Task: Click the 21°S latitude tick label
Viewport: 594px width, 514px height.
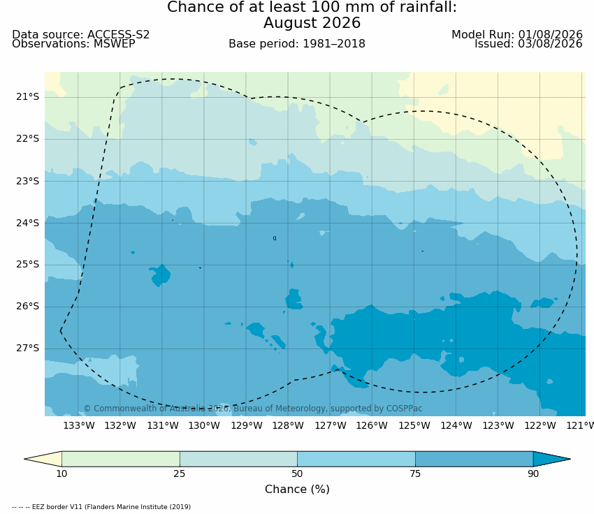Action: point(27,97)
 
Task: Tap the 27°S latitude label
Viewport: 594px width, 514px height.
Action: point(27,348)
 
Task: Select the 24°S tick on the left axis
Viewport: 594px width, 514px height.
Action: point(27,223)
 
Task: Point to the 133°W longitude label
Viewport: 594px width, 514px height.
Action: point(79,426)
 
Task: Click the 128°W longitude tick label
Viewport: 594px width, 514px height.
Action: point(289,426)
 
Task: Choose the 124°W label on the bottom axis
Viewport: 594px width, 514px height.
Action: point(456,426)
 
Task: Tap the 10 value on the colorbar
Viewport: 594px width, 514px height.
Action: point(61,474)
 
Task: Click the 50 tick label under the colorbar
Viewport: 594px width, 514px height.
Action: point(298,474)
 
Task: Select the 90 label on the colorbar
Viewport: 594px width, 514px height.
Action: point(533,474)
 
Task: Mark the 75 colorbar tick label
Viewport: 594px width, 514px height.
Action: point(415,474)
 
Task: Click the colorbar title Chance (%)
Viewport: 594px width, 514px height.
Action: point(298,490)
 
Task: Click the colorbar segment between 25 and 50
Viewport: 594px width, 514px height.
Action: point(238,459)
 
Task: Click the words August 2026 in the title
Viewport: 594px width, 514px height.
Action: point(312,23)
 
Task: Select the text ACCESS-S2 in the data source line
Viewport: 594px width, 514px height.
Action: point(119,34)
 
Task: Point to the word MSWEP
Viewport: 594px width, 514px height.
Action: point(114,44)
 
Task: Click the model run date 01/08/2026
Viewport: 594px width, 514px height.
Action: point(550,34)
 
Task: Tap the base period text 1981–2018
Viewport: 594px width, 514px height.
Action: point(334,44)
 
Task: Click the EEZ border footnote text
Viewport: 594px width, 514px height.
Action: point(101,507)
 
